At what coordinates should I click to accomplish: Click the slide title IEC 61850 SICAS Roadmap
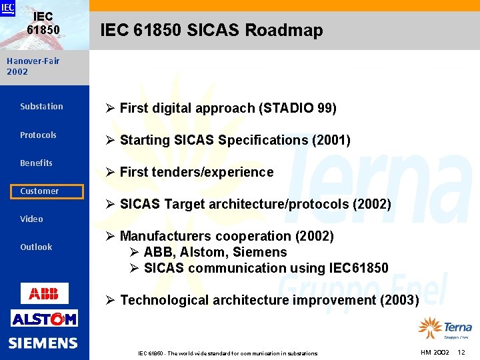pos(211,30)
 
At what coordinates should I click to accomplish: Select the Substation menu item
pos(41,107)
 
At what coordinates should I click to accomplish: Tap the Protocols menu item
pos(38,135)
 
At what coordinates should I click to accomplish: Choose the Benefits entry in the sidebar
pos(36,163)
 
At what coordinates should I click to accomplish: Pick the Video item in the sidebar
pos(31,219)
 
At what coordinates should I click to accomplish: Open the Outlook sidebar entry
pos(36,247)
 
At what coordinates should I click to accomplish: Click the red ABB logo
pos(44,293)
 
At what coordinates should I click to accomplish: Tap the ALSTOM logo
pos(44,319)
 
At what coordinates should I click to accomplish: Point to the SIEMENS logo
pos(43,343)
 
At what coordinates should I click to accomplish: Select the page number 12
pos(461,352)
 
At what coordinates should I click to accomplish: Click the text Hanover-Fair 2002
pos(33,66)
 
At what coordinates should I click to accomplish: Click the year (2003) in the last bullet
pos(399,300)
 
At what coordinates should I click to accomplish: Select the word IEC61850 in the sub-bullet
pos(359,268)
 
